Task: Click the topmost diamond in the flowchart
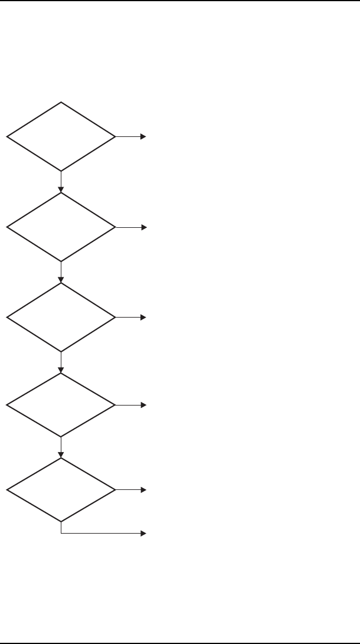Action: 61,136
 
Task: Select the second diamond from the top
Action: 61,227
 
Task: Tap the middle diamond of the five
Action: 61,318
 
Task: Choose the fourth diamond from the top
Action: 61,405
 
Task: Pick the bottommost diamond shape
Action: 61,490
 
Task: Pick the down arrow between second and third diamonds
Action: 61,272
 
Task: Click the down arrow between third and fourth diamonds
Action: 61,362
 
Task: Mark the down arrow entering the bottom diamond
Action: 61,447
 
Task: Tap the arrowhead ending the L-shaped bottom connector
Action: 143,533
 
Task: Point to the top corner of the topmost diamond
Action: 61,103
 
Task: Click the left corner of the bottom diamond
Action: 7,490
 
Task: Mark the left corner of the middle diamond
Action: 7,318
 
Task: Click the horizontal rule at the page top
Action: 180,1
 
